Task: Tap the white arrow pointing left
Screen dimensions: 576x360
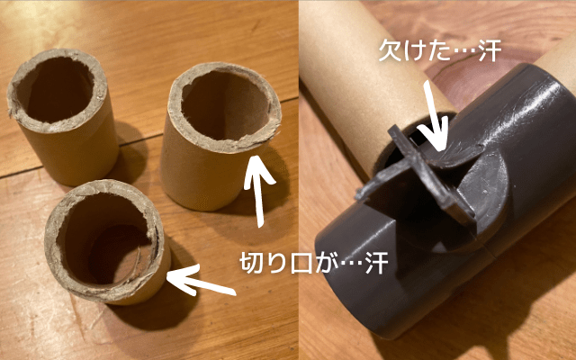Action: [x=200, y=281]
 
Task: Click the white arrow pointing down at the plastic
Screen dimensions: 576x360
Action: [x=434, y=118]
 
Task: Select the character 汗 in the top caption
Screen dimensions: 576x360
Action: [x=490, y=50]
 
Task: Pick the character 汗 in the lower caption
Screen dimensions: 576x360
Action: [x=377, y=263]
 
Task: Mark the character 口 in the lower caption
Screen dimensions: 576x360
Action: [x=302, y=263]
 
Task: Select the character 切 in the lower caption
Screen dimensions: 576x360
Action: [x=251, y=263]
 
